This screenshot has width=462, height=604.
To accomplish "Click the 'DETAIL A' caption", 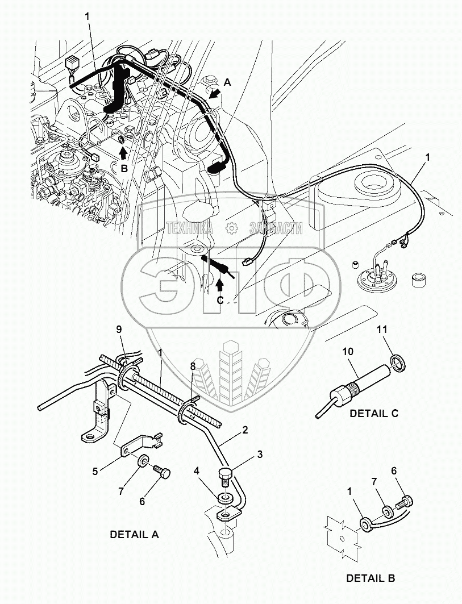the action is (134, 534).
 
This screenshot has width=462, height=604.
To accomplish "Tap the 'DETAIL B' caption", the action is (371, 578).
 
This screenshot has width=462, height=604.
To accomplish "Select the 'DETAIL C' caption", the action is (374, 413).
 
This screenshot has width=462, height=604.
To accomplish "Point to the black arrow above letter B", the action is (123, 153).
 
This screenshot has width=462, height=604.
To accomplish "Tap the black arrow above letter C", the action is (219, 284).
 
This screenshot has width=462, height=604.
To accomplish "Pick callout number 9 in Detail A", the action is (119, 330).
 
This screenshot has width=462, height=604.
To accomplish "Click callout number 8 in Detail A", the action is (193, 365).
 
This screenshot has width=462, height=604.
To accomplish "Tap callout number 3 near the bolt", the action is (260, 454).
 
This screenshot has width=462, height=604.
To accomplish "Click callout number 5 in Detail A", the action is (95, 471).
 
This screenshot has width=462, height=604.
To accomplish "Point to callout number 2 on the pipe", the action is (245, 430).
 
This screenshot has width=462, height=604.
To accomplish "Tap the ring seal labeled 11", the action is (398, 363).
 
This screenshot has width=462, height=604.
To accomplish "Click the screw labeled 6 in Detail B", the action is (406, 503).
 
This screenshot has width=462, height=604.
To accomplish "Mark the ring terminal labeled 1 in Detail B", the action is (366, 525).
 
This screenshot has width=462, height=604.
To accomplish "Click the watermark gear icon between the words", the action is (231, 228).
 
